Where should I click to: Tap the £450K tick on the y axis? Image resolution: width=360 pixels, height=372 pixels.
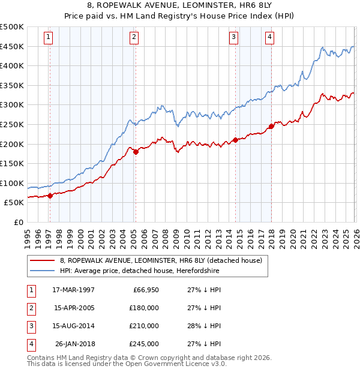[x=12, y=46]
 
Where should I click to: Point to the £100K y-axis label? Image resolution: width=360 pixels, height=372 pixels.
[x=12, y=183]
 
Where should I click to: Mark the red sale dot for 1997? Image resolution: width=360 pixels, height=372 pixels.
[x=50, y=195]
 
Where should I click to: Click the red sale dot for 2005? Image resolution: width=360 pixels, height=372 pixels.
[x=136, y=152]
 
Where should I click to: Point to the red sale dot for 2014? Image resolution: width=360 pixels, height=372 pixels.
[x=235, y=140]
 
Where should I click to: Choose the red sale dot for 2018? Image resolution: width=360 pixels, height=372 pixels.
[x=271, y=126]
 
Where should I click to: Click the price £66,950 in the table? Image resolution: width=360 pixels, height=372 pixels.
[x=143, y=290]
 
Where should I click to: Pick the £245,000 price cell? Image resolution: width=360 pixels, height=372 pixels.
[x=143, y=344]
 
